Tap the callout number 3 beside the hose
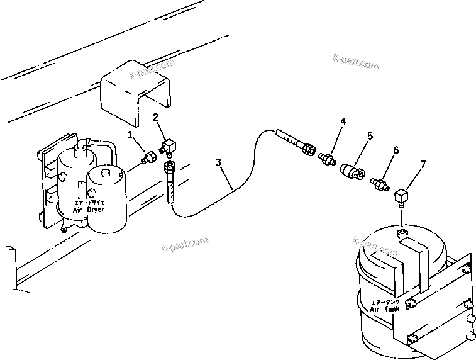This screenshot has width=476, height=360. coord(218,162)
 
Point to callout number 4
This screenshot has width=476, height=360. coord(343,120)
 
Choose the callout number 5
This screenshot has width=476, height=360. coord(370,135)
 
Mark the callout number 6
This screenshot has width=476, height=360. coord(396,150)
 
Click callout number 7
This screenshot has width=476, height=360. coord(423,165)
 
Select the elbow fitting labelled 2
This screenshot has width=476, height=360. coord(169,147)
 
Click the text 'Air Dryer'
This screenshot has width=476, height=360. coord(88,208)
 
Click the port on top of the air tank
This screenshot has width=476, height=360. coord(402,233)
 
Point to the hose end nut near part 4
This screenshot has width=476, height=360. coord(308,149)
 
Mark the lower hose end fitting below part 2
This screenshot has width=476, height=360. coord(169,168)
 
